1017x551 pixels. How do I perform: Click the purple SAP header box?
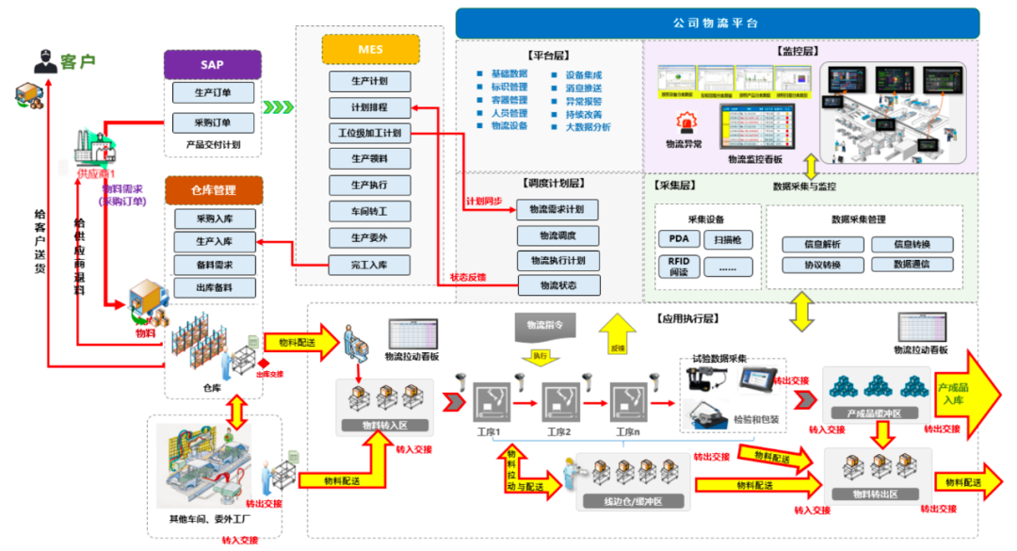[212, 64]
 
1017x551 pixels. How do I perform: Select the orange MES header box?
[371, 49]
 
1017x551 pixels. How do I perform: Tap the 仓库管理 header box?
[213, 190]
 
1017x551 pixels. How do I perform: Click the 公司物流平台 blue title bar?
[717, 23]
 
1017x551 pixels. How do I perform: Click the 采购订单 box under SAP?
[213, 123]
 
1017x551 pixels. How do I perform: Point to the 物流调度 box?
[557, 235]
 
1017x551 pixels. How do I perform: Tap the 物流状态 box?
[557, 284]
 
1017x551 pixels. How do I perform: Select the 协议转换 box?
[822, 266]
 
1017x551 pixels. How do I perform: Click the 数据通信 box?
[911, 266]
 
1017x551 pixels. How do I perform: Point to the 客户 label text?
[79, 62]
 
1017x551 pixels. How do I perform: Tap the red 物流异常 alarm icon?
[682, 123]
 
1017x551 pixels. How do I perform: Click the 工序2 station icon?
[560, 402]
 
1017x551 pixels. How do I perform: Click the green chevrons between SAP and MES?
[279, 107]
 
